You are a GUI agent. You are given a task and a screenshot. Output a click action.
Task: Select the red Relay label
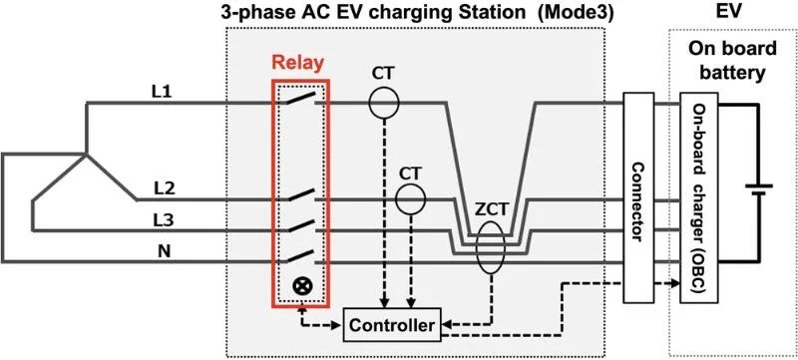tap(300, 62)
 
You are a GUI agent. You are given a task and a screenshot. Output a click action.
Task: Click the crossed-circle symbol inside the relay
tap(301, 286)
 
